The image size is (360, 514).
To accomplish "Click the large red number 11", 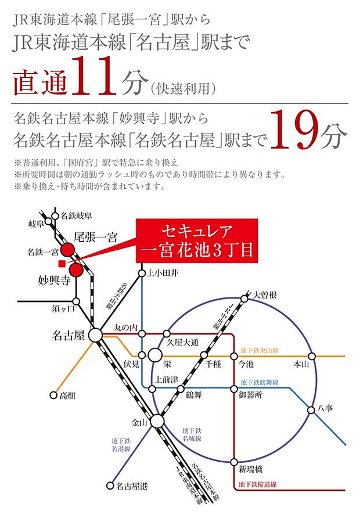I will (x=94, y=77).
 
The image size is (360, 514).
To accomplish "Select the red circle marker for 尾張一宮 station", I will (x=68, y=250).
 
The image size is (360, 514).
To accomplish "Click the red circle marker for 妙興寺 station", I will (x=75, y=270).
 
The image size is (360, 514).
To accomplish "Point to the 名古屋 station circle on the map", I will (x=95, y=335).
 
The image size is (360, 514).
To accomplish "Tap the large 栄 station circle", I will (x=155, y=355).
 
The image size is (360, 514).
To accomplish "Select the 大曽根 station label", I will (x=265, y=296).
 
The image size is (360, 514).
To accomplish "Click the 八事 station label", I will (x=326, y=409).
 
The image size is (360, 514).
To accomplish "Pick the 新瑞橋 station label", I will (x=251, y=468).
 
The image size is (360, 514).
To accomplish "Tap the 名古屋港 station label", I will (x=130, y=487).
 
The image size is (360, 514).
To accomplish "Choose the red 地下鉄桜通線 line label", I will (x=255, y=484).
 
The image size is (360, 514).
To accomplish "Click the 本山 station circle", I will (x=312, y=355).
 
